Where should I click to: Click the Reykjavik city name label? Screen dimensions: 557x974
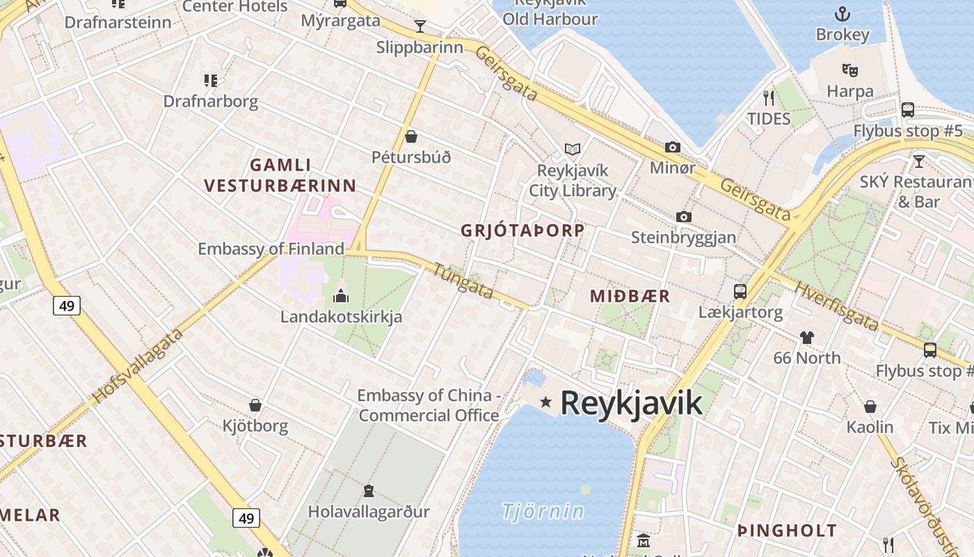pos(631,403)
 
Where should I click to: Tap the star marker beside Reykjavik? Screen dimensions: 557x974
pos(546,402)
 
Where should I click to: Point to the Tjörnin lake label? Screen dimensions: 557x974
pos(543,512)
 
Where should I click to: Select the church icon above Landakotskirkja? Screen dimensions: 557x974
pos(341,296)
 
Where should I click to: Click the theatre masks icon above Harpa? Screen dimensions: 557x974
pos(849,70)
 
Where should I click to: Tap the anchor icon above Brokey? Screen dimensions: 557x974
pos(843,14)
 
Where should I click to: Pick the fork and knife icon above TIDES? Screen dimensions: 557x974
pos(769,97)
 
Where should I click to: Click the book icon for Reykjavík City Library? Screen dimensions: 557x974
pos(573,149)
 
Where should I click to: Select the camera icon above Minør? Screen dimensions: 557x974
pos(672,147)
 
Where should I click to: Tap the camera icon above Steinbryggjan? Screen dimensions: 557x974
pos(684,217)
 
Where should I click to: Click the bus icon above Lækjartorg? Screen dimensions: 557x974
pos(740,291)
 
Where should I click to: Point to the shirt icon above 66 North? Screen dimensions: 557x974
pos(806,338)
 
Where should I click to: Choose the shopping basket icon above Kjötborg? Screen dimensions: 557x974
pos(255,405)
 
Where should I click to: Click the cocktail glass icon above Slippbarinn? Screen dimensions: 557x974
pos(420,26)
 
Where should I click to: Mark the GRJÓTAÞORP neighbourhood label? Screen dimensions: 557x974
pos(522,231)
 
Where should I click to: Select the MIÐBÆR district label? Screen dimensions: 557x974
pos(630,296)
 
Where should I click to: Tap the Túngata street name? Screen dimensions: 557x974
pos(463,281)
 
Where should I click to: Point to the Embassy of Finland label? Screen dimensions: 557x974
pos(271,249)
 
